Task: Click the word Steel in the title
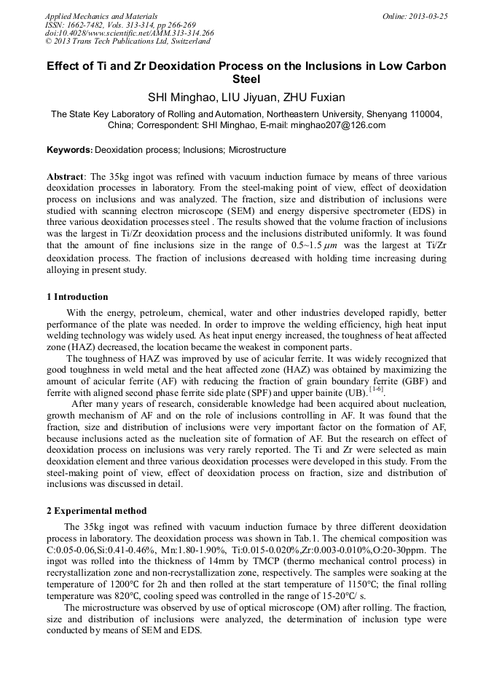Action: (247, 79)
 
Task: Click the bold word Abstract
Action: (66, 177)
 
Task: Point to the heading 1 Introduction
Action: (77, 297)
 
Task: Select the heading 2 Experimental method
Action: (96, 510)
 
